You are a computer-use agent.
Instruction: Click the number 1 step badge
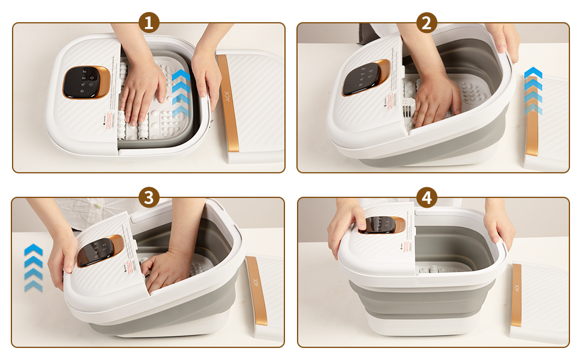click(x=149, y=23)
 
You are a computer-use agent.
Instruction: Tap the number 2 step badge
click(x=426, y=23)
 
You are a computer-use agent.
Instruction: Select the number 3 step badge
click(x=149, y=197)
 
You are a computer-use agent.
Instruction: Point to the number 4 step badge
click(x=426, y=197)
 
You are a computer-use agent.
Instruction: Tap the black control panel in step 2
click(x=362, y=78)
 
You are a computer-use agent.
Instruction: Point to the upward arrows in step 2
click(x=533, y=90)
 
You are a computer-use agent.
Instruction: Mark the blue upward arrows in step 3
click(x=34, y=267)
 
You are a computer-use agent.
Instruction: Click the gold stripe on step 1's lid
click(x=228, y=102)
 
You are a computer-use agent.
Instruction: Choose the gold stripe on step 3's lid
click(x=257, y=290)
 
